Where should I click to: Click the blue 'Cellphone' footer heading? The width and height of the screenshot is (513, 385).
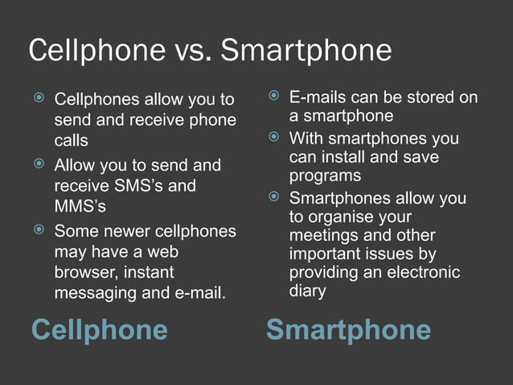(99, 329)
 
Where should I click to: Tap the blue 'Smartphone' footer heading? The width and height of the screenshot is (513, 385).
(348, 329)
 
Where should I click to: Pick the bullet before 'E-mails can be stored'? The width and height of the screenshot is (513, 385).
(274, 97)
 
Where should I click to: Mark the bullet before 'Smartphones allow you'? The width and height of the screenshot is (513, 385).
(274, 197)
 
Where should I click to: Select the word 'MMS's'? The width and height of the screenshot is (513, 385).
(80, 207)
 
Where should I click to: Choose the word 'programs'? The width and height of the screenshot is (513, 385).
(325, 176)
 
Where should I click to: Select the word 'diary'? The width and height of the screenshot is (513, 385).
(307, 291)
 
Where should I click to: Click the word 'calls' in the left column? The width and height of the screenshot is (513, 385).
(71, 141)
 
